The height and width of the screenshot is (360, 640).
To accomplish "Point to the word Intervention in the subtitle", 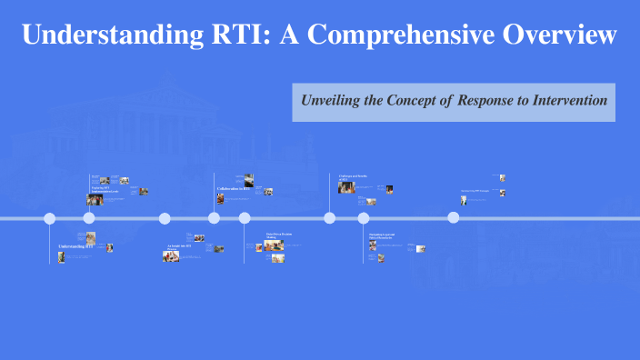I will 564,100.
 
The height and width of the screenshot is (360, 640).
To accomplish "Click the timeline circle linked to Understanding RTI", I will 50,218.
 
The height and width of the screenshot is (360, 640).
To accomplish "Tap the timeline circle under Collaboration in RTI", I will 215,218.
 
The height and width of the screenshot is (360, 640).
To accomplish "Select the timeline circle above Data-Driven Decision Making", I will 245,218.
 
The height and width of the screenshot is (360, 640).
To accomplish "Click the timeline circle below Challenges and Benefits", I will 330,218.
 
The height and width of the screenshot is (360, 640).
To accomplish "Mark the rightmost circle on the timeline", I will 454,218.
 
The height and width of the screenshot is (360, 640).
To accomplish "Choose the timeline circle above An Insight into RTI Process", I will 165,218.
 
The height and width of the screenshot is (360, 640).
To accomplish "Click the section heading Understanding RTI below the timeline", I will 76,246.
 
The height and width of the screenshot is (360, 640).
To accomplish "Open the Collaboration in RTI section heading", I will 233,189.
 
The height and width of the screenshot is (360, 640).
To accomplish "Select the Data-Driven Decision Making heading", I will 279,236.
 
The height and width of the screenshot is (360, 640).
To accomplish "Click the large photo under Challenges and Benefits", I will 345,186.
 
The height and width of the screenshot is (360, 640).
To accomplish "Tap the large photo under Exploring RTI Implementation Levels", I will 95,199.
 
